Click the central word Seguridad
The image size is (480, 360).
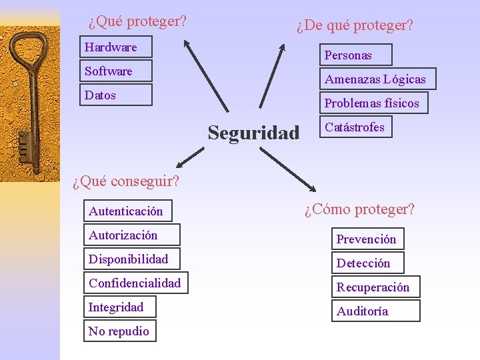[x=253, y=133]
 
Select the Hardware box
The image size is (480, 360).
[x=116, y=47]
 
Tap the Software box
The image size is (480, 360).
[x=116, y=71]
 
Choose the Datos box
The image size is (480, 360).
[x=116, y=95]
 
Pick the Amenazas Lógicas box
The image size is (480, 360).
[x=377, y=79]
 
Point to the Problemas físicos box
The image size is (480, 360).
[x=373, y=103]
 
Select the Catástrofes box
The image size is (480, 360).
[x=355, y=127]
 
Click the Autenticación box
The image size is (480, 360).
[x=127, y=211]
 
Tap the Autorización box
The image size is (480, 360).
[x=131, y=235]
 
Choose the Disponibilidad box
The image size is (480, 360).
[x=131, y=259]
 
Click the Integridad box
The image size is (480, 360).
[x=119, y=307]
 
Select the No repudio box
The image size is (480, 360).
[x=119, y=331]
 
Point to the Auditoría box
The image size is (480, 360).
[x=375, y=311]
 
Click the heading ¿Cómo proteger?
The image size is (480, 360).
[x=359, y=209]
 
